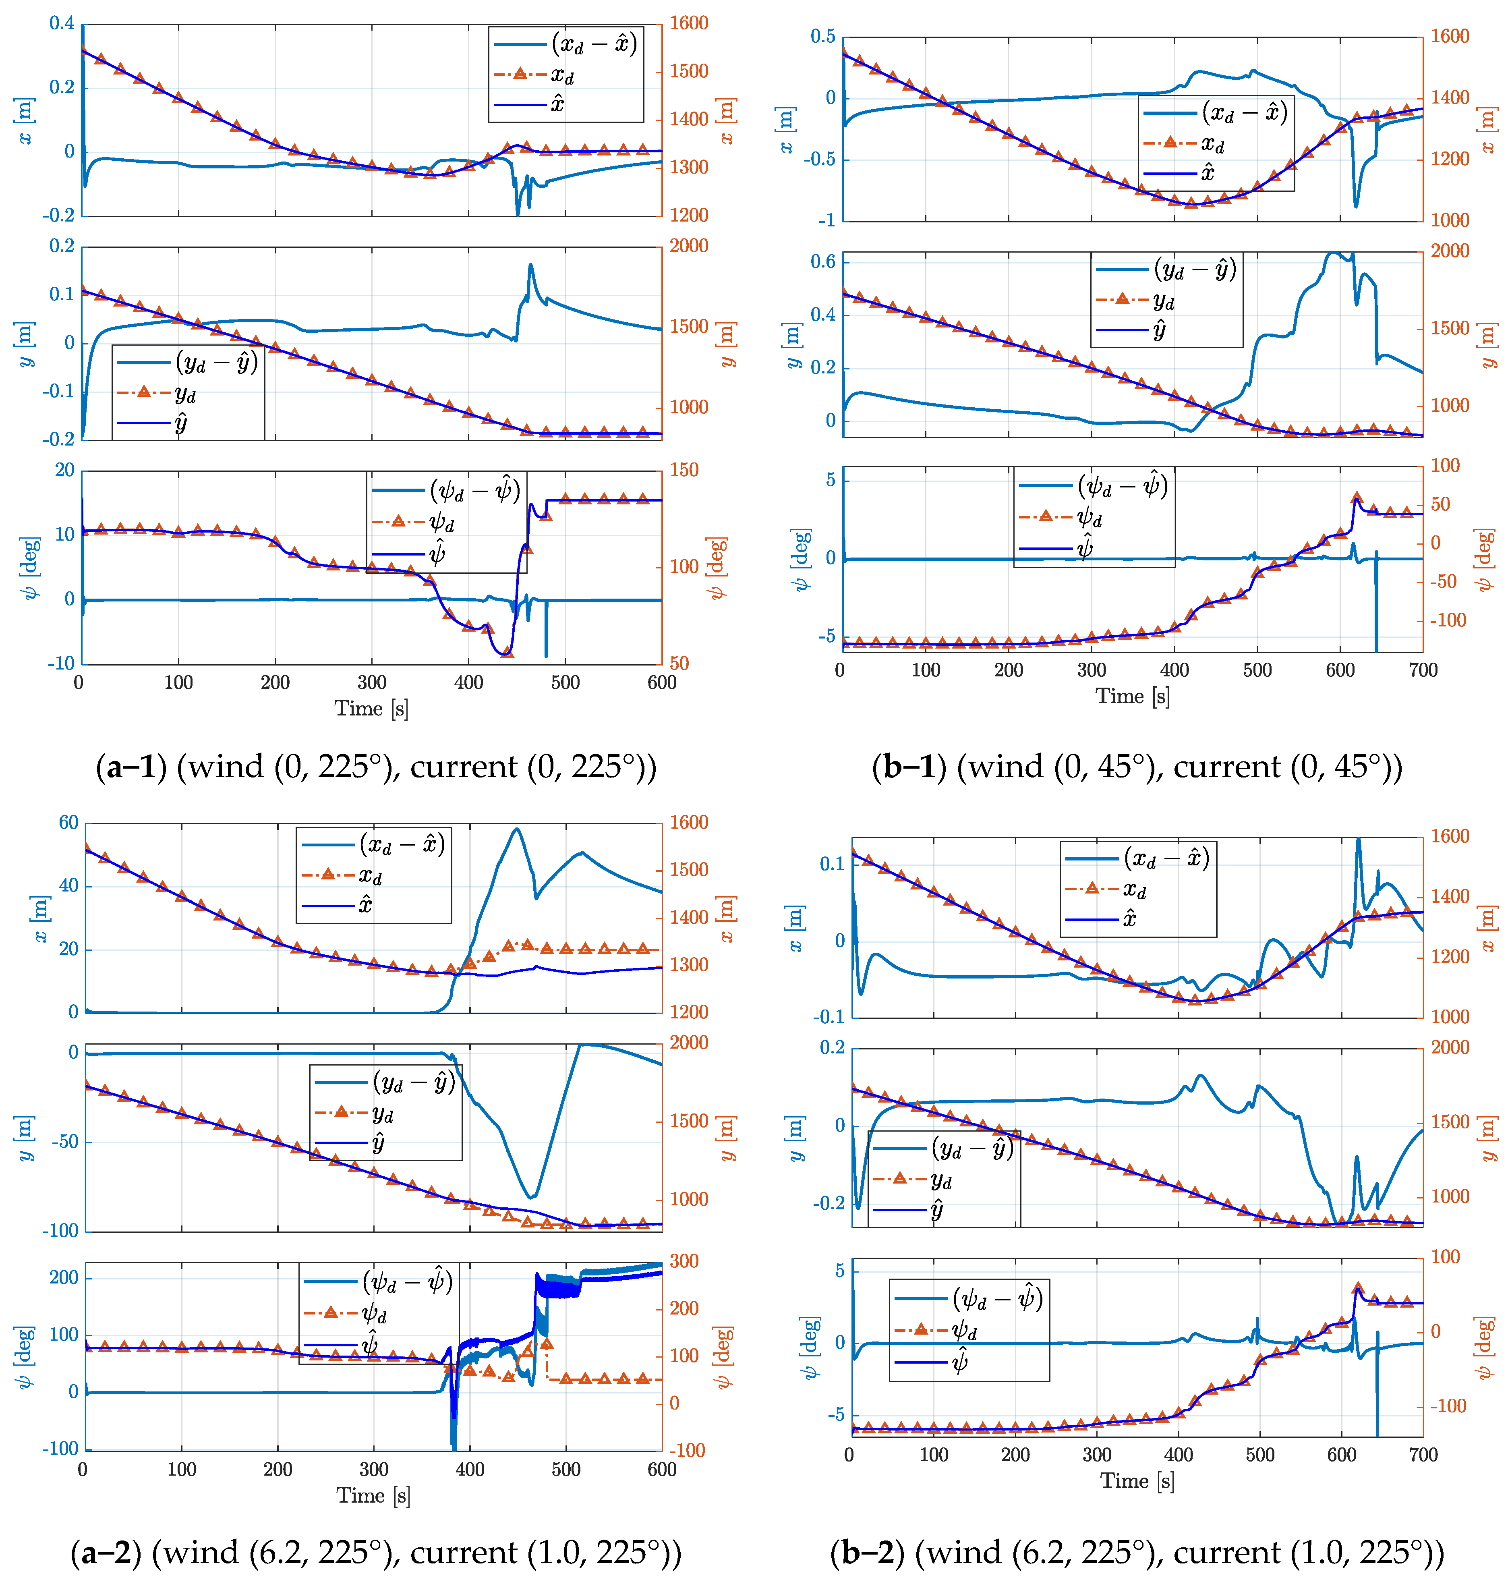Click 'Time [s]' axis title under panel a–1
point(371,708)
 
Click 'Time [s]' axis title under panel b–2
point(1137,1481)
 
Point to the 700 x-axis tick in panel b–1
point(1422,670)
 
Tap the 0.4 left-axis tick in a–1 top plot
point(62,23)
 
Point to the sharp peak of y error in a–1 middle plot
point(530,264)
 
